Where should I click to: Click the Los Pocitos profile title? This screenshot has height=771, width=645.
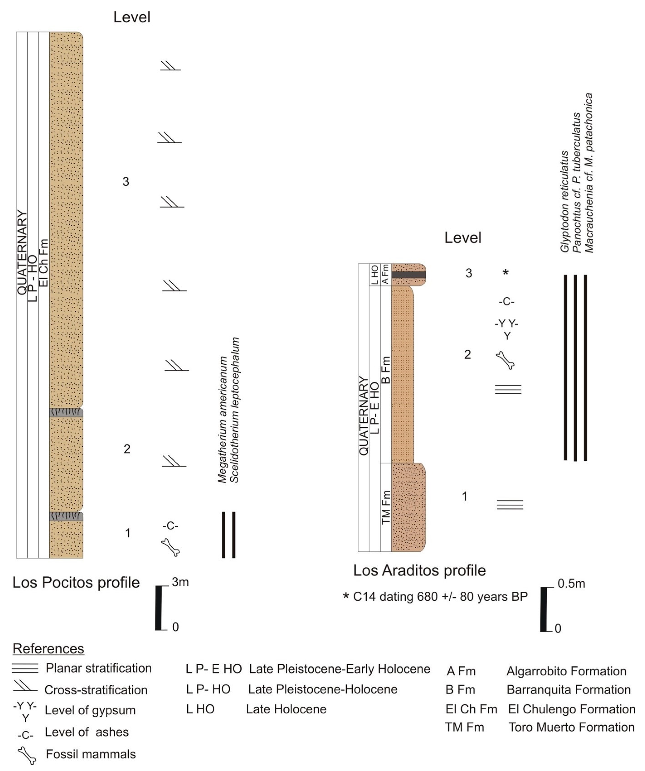click(76, 583)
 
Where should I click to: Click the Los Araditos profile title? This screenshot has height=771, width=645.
click(419, 571)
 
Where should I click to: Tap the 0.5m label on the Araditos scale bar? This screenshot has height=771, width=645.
click(571, 583)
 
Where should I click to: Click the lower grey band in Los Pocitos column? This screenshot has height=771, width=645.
click(66, 517)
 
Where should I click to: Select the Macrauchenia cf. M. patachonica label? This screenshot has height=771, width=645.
click(589, 173)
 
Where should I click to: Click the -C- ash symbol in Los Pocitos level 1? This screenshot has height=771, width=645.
click(170, 526)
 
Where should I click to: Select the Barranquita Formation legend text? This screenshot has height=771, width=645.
click(568, 689)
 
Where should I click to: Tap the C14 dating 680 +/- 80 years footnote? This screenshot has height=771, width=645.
click(436, 597)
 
